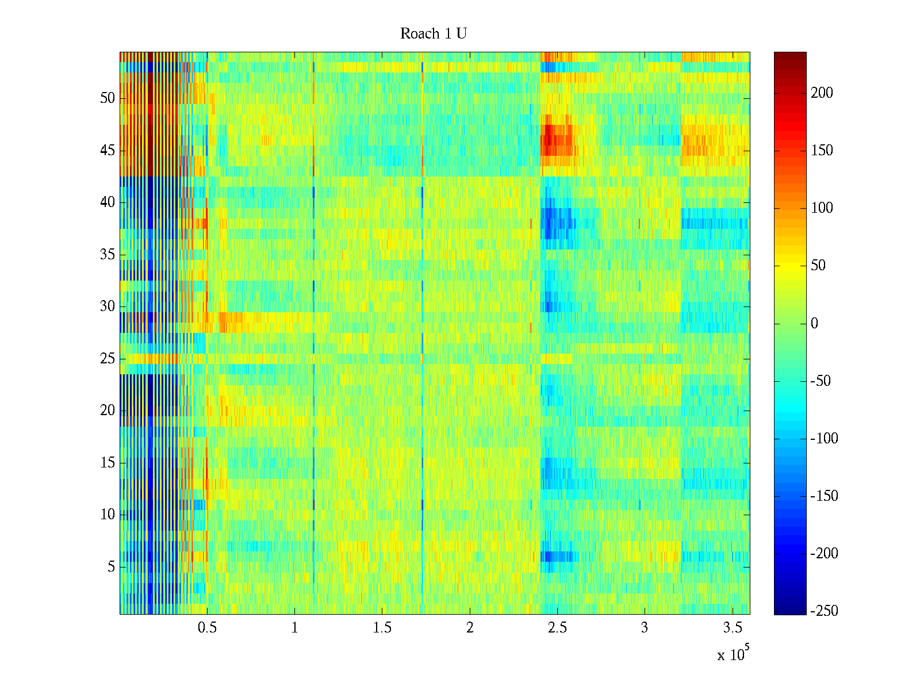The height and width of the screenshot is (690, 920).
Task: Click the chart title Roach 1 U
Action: [433, 34]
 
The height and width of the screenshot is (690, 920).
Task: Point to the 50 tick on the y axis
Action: [108, 98]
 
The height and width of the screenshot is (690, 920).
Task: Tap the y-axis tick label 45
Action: [108, 151]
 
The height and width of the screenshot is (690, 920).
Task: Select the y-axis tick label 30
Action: [108, 306]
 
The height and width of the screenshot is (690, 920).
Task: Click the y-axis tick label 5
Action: [111, 567]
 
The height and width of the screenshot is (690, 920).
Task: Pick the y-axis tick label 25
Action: [108, 359]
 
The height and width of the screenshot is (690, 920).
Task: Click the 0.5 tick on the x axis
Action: [207, 628]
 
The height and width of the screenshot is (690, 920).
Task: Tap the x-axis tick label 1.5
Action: [382, 628]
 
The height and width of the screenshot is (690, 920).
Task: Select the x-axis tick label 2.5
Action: [557, 628]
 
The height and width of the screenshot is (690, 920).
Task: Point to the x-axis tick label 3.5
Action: [732, 628]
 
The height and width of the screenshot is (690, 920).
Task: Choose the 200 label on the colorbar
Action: [822, 93]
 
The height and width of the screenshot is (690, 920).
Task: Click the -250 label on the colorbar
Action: [824, 611]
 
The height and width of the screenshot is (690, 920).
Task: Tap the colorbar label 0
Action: [814, 324]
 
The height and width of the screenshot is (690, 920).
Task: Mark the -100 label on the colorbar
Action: [824, 439]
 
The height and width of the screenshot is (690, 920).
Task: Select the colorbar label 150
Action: [822, 151]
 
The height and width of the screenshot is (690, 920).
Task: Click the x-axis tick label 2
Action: [470, 628]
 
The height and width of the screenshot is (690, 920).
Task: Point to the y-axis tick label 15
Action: [108, 463]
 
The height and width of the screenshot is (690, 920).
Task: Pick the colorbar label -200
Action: [824, 554]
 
